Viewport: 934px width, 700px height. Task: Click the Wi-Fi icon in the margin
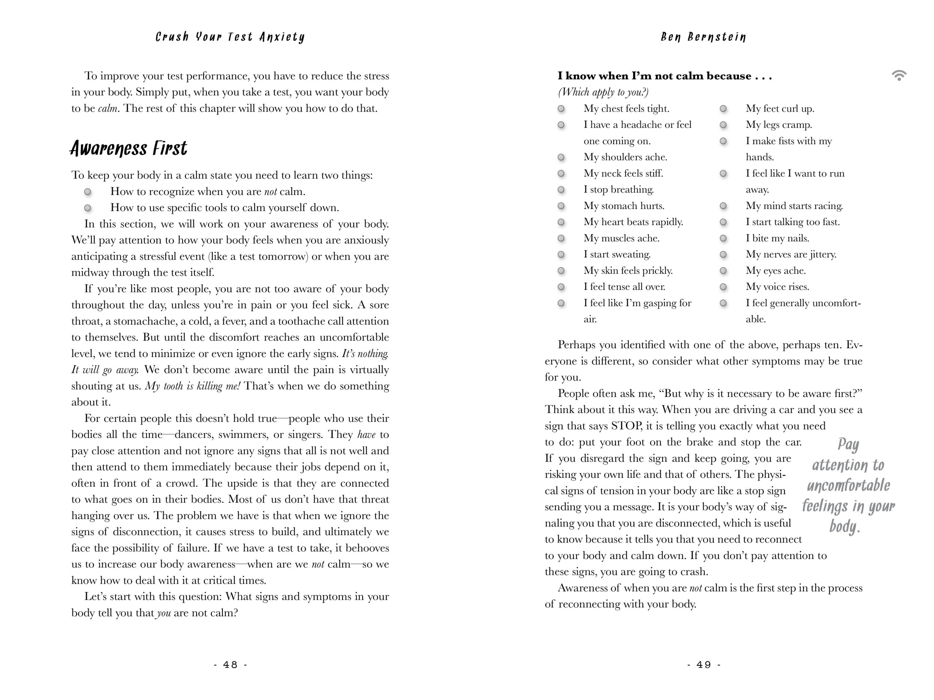(899, 75)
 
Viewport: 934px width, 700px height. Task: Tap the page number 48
(230, 665)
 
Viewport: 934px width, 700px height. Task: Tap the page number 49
(703, 665)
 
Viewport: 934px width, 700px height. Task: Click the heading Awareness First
(128, 148)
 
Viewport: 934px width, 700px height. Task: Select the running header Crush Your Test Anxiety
(230, 37)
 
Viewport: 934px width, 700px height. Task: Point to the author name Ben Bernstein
(703, 37)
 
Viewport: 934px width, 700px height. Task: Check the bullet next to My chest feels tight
(561, 109)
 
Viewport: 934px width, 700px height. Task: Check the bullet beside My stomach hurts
(561, 206)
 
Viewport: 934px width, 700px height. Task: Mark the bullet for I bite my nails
(723, 238)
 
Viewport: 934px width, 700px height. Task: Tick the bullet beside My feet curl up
(723, 109)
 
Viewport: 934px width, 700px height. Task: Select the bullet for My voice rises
(723, 287)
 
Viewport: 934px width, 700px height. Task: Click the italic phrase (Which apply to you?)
(603, 92)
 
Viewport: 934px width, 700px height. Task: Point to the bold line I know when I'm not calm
(664, 76)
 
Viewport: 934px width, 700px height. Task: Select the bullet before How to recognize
(88, 192)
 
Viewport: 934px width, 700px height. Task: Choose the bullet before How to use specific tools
(88, 208)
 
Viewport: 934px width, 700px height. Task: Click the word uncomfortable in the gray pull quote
(848, 486)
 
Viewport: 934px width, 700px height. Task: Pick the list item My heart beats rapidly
(633, 222)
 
